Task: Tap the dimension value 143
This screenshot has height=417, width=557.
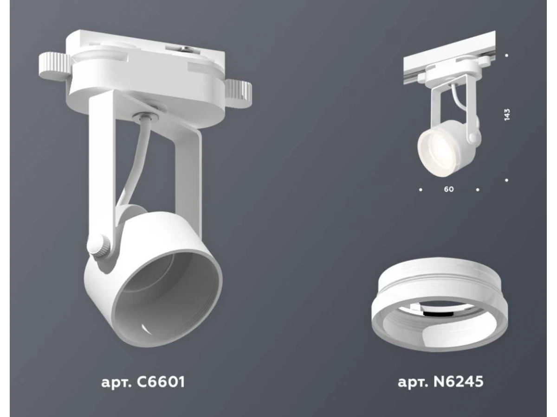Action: click(507, 114)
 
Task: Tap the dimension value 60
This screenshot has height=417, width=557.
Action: click(449, 189)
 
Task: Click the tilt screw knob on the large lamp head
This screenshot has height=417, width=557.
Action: click(99, 245)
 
